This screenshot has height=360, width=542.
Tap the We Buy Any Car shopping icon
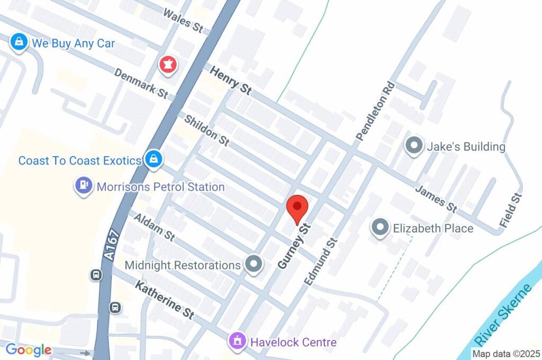click(x=19, y=42)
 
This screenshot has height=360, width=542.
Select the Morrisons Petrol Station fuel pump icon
click(x=84, y=186)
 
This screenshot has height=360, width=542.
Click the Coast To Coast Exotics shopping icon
click(x=153, y=158)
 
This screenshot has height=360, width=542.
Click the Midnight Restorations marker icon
click(x=254, y=264)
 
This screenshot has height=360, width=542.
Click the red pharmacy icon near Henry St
click(x=169, y=65)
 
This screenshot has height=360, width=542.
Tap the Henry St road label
click(x=230, y=81)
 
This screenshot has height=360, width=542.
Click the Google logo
click(x=29, y=349)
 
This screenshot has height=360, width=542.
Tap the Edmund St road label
click(x=320, y=260)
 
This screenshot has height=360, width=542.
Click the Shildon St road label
click(x=206, y=130)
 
